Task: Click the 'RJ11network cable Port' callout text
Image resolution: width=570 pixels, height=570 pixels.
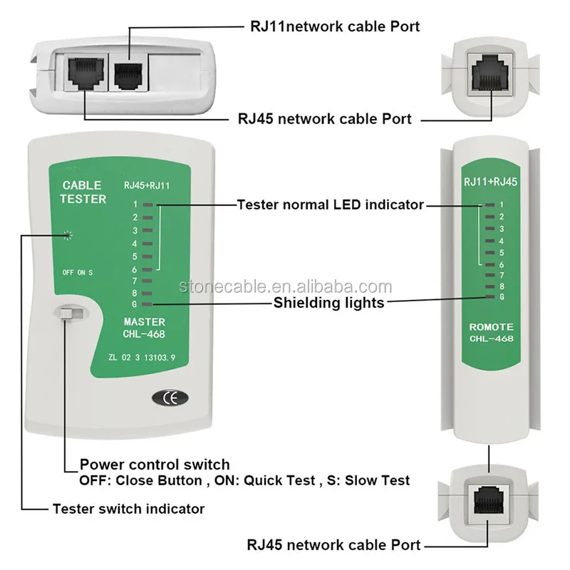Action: (x=334, y=26)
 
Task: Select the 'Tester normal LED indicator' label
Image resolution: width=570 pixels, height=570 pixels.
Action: (x=331, y=204)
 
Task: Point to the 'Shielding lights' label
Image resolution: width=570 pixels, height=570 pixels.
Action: (x=329, y=303)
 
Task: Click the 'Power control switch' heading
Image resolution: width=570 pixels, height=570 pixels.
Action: (x=155, y=465)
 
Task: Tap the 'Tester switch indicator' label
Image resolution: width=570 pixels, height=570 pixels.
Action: (x=128, y=509)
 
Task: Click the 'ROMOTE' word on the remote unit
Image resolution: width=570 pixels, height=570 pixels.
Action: (x=490, y=326)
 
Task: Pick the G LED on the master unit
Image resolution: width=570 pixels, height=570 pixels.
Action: (x=147, y=304)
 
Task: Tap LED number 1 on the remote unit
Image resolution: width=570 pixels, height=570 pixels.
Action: (x=489, y=204)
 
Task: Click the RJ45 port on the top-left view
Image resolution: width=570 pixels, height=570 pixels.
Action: (x=83, y=73)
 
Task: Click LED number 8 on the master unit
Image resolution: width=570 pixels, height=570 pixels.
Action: (x=147, y=291)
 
